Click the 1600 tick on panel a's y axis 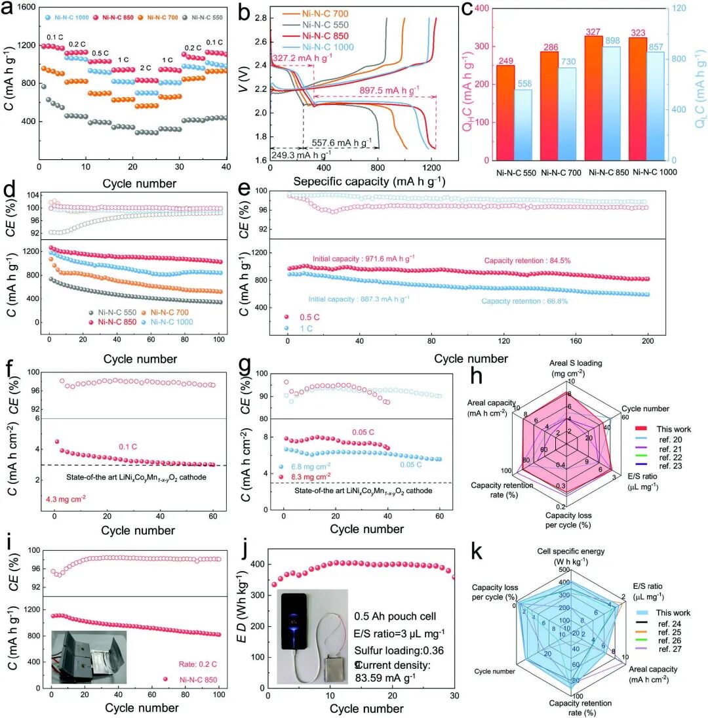pos(24,8)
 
